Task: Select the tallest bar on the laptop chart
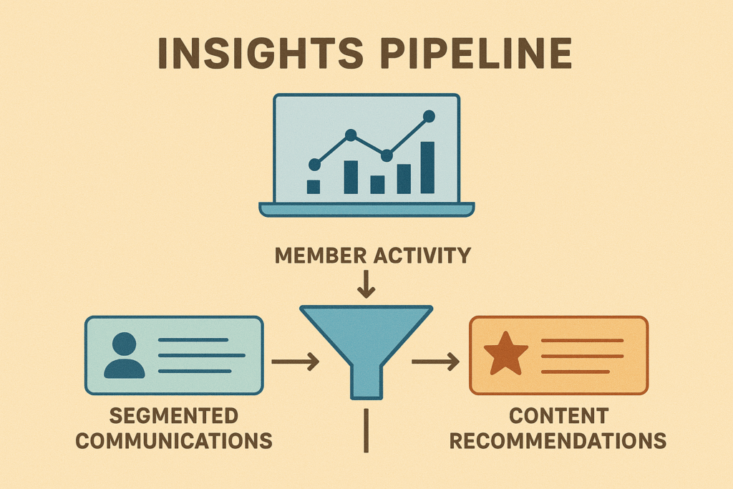[x=427, y=168]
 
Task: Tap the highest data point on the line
[x=429, y=115]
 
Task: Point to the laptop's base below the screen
[x=366, y=209]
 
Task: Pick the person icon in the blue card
[x=124, y=355]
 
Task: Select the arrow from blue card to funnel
[x=295, y=362]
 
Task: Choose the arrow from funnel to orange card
[x=435, y=362]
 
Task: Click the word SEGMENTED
[x=174, y=416]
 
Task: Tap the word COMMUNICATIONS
[x=174, y=439]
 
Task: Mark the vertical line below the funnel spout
[x=366, y=430]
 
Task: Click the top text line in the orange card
[x=582, y=340]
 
